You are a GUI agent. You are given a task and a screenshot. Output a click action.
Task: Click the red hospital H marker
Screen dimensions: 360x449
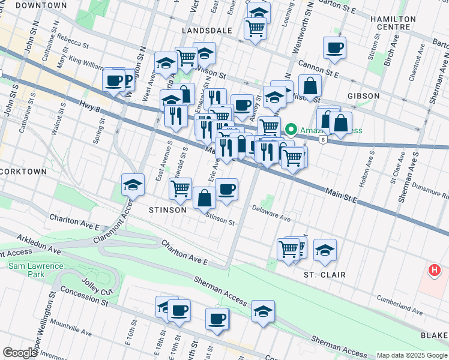click(x=435, y=271)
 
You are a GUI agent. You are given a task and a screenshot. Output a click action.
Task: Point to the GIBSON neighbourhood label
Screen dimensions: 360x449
click(x=363, y=96)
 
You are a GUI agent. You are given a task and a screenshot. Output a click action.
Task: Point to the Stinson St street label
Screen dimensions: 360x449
click(x=220, y=218)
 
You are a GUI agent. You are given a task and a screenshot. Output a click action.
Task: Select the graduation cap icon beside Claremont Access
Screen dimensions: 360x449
click(x=133, y=184)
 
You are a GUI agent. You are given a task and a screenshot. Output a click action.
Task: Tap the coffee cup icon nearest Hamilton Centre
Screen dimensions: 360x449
click(x=334, y=47)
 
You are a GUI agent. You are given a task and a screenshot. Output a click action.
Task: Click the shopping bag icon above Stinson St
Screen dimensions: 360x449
click(x=204, y=197)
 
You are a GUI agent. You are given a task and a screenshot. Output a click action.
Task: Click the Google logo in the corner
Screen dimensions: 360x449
click(x=20, y=353)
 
